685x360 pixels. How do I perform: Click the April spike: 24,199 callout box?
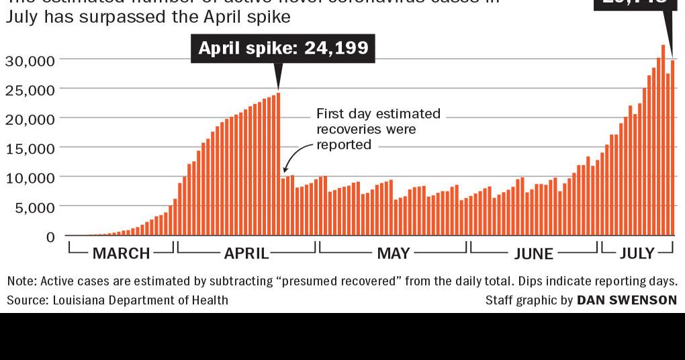click(x=283, y=49)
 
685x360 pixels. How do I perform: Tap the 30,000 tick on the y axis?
click(x=30, y=60)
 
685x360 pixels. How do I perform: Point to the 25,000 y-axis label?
click(x=30, y=90)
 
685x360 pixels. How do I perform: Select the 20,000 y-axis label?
click(x=30, y=120)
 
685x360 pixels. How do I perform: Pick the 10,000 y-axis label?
click(x=30, y=178)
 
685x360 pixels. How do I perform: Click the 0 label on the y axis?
click(x=50, y=237)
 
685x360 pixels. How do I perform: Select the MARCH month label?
click(x=121, y=253)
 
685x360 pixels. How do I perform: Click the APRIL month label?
click(x=246, y=253)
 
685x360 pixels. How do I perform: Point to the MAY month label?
click(x=394, y=253)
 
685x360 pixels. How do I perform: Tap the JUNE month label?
click(x=534, y=253)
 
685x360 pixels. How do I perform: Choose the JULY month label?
click(x=637, y=253)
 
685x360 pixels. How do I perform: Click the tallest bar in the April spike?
click(x=278, y=164)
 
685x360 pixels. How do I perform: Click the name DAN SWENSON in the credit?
click(x=627, y=300)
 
